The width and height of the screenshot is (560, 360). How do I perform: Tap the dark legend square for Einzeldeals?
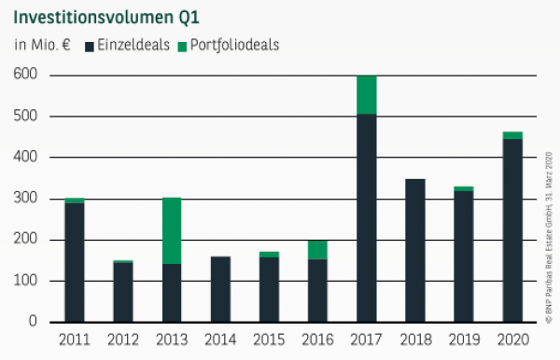[90, 45]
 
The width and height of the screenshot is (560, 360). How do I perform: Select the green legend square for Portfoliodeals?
[181, 45]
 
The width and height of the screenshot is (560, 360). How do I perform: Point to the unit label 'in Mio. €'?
[42, 45]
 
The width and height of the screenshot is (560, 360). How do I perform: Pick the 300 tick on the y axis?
[25, 199]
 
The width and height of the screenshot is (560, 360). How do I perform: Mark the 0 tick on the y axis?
[34, 322]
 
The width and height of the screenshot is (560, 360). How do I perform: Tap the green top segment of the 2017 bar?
[366, 94]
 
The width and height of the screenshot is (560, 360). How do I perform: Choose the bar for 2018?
[414, 250]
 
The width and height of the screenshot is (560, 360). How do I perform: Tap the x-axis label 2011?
[74, 339]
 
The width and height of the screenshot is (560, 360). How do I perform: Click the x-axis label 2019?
[463, 339]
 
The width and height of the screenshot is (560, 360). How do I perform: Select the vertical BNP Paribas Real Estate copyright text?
[549, 233]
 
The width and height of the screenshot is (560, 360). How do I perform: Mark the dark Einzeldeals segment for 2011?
[74, 262]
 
